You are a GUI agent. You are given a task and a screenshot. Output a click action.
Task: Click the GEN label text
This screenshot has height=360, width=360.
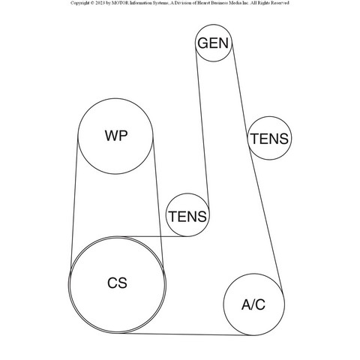213,43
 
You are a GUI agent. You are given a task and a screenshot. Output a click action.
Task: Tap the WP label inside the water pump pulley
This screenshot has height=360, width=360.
116,136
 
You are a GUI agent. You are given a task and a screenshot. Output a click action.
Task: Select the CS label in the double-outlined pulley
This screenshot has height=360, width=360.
117,283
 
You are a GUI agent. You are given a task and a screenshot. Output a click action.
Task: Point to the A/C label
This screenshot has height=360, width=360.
253,304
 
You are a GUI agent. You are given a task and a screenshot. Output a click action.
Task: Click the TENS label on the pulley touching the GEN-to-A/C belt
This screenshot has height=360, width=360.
269,139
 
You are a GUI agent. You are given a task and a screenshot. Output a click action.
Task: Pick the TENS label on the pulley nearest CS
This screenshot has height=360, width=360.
187,216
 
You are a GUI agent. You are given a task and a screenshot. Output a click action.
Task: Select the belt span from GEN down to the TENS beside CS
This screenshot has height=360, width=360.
202,125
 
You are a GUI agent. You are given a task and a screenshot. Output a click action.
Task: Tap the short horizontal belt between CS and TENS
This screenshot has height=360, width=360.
155,236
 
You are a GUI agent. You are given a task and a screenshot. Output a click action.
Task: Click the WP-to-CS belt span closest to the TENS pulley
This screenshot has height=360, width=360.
158,204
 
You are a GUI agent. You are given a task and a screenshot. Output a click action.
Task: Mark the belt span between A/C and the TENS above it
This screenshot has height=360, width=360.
265,220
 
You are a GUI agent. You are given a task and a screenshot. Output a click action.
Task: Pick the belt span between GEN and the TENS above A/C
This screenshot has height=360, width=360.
239,88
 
